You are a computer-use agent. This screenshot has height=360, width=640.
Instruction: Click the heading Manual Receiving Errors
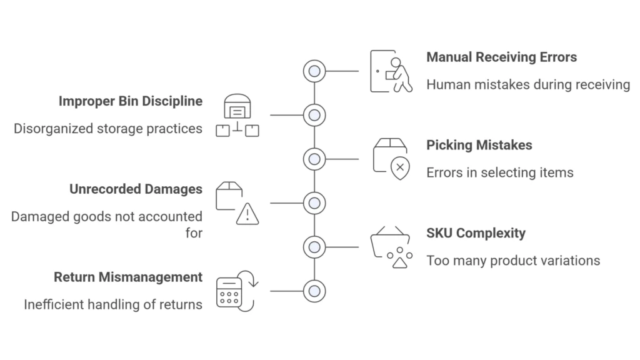point(501,57)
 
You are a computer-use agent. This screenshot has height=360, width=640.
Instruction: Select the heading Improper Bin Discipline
point(130,101)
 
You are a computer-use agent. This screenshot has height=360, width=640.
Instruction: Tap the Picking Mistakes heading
point(479,146)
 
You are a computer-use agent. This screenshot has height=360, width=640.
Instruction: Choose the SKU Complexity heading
point(476,234)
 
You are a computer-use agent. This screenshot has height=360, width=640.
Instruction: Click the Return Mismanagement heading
point(127,277)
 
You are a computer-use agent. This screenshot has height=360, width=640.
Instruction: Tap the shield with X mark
point(400,167)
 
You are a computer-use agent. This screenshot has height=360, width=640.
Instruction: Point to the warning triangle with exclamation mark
point(247,214)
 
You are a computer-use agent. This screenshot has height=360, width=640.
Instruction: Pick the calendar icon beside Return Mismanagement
point(229,292)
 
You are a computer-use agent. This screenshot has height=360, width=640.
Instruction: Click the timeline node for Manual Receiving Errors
point(314,71)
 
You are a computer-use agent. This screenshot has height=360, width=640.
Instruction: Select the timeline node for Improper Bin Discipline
point(314,115)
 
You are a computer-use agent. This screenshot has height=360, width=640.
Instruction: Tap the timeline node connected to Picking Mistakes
point(314,159)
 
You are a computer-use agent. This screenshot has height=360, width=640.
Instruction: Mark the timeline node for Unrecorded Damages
point(314,203)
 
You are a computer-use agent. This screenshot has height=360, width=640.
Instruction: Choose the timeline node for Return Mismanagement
point(314,291)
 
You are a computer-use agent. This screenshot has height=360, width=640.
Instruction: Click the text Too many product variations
point(512,261)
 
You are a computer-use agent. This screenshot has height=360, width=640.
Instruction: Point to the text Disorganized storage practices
point(108,129)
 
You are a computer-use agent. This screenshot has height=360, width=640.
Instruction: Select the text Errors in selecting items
point(499,172)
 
